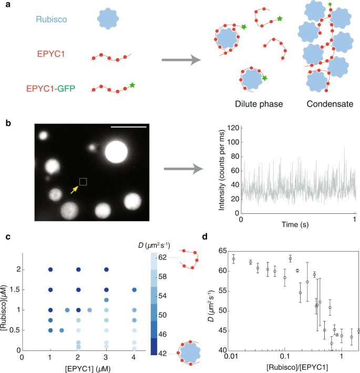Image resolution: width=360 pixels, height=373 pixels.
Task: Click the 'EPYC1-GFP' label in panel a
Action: pyautogui.click(x=59, y=87)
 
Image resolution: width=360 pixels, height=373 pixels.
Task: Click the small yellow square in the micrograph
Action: pyautogui.click(x=83, y=182)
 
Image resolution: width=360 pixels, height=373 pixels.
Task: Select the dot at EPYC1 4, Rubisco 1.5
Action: pyautogui.click(x=135, y=289)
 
